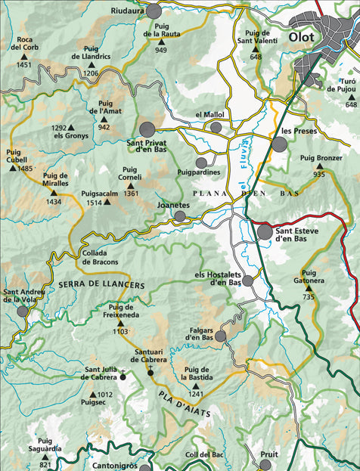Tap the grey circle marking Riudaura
[154, 11]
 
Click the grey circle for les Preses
[280, 144]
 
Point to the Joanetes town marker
[180, 216]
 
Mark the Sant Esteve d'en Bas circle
[265, 232]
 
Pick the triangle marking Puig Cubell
[12, 168]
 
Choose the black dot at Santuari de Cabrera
[150, 373]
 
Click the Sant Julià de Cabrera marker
[123, 375]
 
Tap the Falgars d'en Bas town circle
[220, 336]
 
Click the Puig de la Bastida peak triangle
[196, 384]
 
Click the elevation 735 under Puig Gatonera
[307, 298]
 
